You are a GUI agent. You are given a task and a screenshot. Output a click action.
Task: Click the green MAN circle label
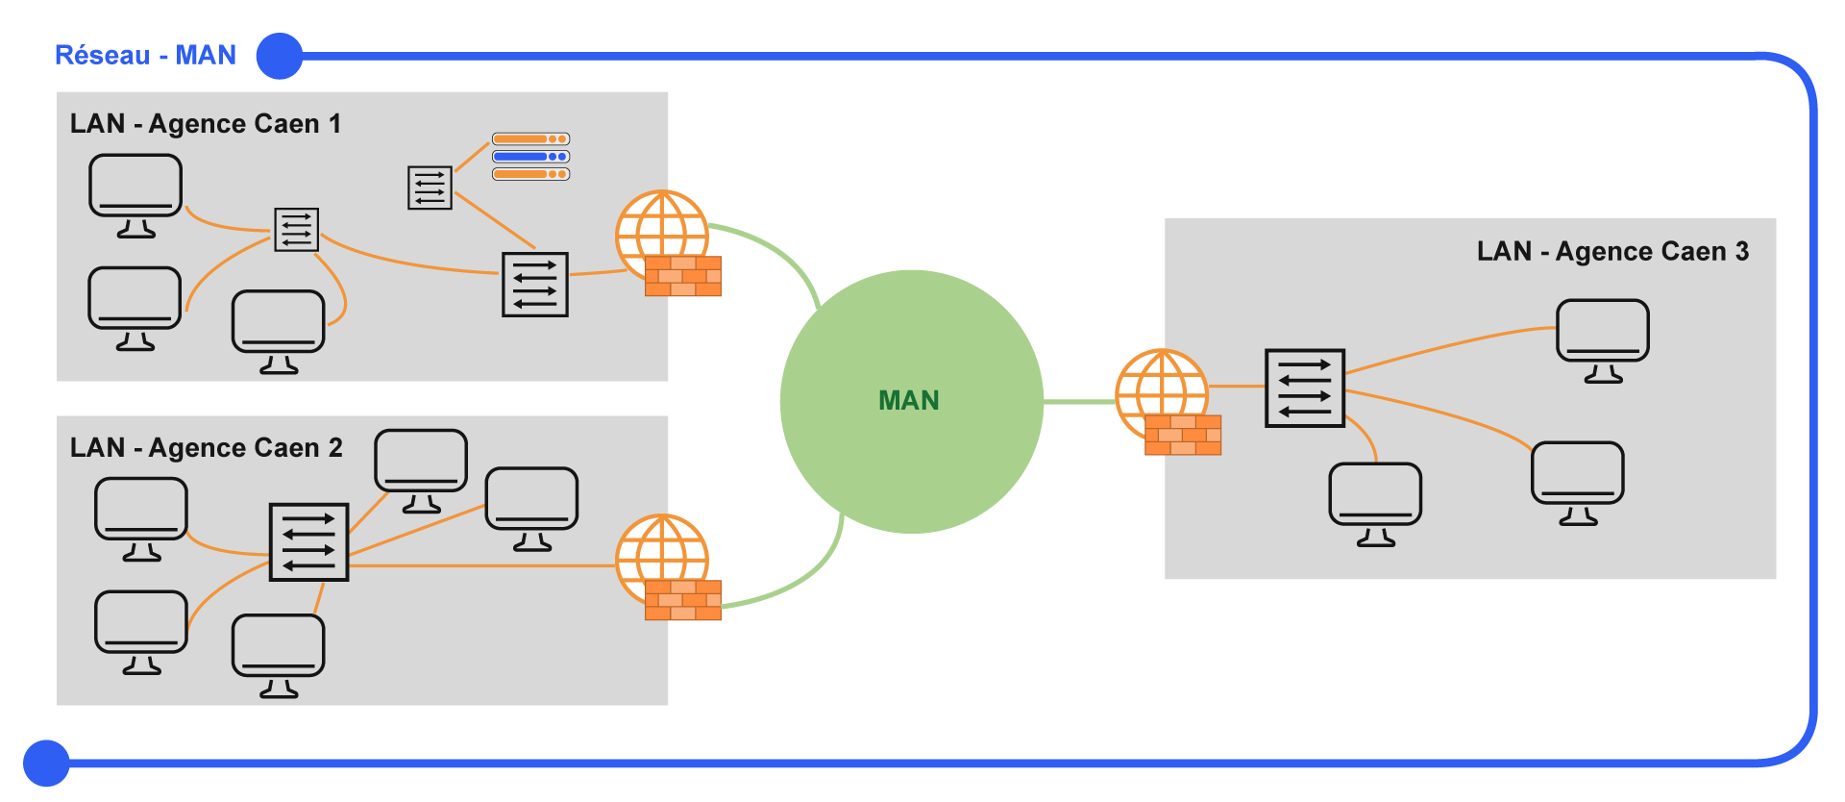pos(908,400)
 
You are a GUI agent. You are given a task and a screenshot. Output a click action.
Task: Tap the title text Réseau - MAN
pos(145,55)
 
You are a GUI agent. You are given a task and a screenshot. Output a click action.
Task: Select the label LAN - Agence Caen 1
pos(205,124)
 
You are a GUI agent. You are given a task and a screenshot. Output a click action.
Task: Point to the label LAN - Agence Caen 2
pos(206,448)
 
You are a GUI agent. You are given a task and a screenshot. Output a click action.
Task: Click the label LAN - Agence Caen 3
pos(1612,252)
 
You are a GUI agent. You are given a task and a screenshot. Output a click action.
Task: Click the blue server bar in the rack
pos(530,157)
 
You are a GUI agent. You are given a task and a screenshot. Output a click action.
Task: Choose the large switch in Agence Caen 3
pos(1304,388)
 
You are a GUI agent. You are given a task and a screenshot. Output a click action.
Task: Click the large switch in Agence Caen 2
pos(308,542)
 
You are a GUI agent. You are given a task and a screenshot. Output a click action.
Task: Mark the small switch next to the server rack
pos(430,188)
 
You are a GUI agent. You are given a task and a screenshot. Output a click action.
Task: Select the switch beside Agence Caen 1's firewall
pos(535,285)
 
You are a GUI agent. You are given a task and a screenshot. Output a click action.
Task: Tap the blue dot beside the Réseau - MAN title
pos(280,56)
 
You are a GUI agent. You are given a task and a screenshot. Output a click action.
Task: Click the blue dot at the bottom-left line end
pos(46,764)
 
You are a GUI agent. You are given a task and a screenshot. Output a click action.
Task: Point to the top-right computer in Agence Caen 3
pos(1602,339)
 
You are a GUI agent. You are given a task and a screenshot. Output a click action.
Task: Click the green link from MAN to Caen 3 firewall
pos(1079,401)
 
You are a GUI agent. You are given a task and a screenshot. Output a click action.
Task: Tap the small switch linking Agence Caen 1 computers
pos(296,230)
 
